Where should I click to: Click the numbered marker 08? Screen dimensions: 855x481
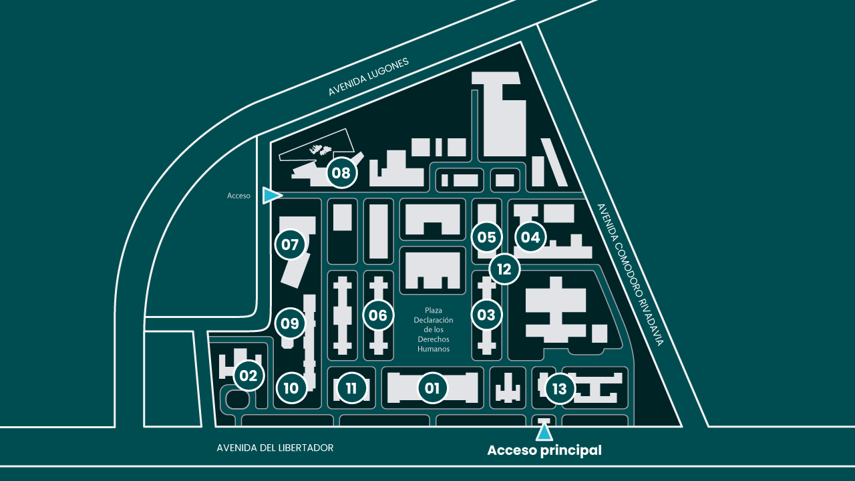[x=341, y=173]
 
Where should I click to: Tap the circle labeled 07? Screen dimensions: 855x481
[x=290, y=245]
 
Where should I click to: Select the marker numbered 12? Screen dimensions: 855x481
[x=504, y=269]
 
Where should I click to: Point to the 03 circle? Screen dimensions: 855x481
[x=486, y=315]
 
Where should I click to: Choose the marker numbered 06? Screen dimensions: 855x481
[x=378, y=315]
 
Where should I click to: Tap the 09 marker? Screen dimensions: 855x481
[x=290, y=323]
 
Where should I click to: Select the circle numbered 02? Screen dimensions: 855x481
[x=248, y=375]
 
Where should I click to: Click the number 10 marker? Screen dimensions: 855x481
[x=291, y=388]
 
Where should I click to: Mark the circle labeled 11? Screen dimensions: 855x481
[x=351, y=388]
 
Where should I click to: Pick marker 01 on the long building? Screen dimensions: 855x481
[x=432, y=388]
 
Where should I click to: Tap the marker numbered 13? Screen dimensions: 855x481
[x=560, y=389]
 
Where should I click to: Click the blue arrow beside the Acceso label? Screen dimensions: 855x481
[x=271, y=196]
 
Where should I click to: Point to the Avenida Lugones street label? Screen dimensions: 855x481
[x=368, y=77]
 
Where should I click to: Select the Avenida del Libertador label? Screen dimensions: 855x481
[x=275, y=448]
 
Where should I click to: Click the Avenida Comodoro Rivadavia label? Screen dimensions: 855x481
[x=630, y=275]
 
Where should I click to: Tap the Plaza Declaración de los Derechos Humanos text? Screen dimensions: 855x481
[x=434, y=329]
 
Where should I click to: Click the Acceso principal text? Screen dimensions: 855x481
[x=544, y=450]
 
